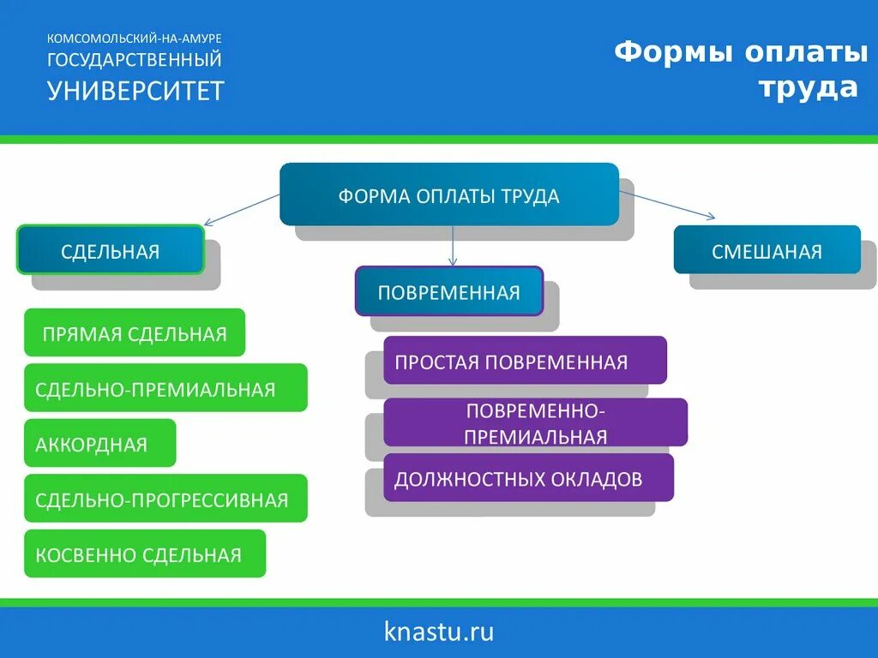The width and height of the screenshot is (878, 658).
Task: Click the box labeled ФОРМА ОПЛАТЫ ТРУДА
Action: pyautogui.click(x=449, y=194)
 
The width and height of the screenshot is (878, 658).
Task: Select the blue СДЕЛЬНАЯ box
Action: pyautogui.click(x=111, y=250)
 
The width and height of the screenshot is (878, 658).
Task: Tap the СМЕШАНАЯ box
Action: pyautogui.click(x=767, y=250)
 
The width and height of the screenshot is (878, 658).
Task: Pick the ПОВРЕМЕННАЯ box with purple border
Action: pyautogui.click(x=449, y=291)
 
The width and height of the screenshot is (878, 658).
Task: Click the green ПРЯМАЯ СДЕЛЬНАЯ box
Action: pyautogui.click(x=135, y=332)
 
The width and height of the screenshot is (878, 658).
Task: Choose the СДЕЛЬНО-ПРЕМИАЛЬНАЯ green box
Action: pyautogui.click(x=165, y=388)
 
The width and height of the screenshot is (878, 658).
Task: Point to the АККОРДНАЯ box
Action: pyautogui.click(x=100, y=443)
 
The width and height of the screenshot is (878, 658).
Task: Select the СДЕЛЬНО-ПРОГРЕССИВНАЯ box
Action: pyautogui.click(x=165, y=499)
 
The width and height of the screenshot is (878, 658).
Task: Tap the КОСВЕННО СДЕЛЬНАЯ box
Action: pyautogui.click(x=145, y=553)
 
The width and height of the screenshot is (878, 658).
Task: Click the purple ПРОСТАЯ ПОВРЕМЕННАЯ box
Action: pyautogui.click(x=525, y=360)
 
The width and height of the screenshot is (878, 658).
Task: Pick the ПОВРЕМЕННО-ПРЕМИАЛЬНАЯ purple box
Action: pyautogui.click(x=535, y=422)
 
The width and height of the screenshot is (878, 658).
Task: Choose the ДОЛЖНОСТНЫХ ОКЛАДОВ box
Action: pyautogui.click(x=528, y=478)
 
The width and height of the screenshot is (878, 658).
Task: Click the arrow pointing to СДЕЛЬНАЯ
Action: pyautogui.click(x=242, y=209)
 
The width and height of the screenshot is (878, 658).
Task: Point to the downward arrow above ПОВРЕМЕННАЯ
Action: pyautogui.click(x=453, y=247)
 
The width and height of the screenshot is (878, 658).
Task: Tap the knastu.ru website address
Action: pyautogui.click(x=439, y=632)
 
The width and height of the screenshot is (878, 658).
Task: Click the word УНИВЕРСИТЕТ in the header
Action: pyautogui.click(x=135, y=90)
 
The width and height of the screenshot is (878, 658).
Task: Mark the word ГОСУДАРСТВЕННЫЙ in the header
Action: pyautogui.click(x=135, y=60)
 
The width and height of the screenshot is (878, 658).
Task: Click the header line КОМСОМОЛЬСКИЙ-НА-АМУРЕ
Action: pyautogui.click(x=135, y=39)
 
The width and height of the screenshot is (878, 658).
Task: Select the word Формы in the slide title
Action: pyautogui.click(x=674, y=53)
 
